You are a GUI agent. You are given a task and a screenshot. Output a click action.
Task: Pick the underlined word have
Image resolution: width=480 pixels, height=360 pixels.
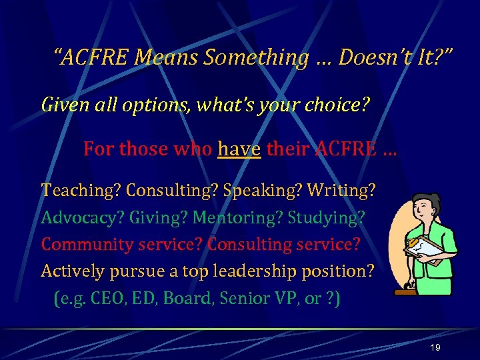tap(239, 149)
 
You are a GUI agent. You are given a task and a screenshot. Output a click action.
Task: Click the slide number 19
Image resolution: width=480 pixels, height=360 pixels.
tap(435, 348)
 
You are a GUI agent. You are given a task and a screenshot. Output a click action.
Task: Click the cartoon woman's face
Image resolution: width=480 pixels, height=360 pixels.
tap(427, 209)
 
